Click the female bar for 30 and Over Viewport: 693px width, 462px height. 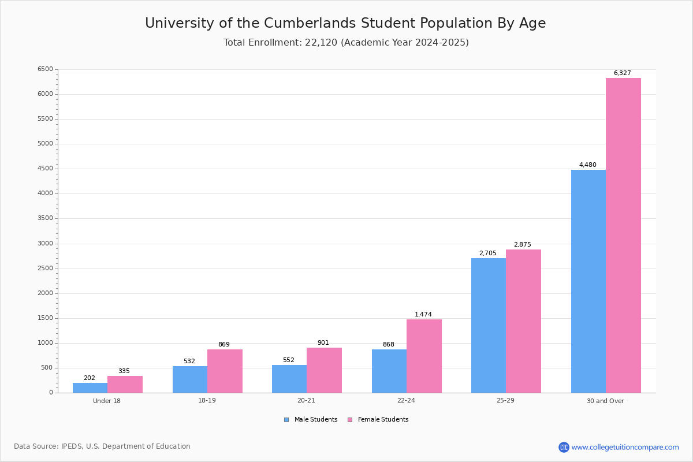pyautogui.click(x=623, y=236)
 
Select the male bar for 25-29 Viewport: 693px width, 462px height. pyautogui.click(x=489, y=326)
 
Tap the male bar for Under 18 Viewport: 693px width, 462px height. pyautogui.click(x=90, y=388)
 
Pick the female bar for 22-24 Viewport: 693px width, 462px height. pyautogui.click(x=424, y=356)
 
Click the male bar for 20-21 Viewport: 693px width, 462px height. pyautogui.click(x=289, y=379)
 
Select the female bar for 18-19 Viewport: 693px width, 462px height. pyautogui.click(x=225, y=371)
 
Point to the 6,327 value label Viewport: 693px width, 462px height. pyautogui.click(x=622, y=73)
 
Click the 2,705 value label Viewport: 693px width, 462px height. pyautogui.click(x=487, y=253)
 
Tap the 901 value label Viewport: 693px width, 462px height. pyautogui.click(x=323, y=342)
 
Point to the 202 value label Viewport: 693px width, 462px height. pyautogui.click(x=90, y=378)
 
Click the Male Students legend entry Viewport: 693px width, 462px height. pyautogui.click(x=311, y=419)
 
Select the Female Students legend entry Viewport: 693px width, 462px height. pyautogui.click(x=378, y=419)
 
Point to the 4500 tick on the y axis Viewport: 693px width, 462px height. pyautogui.click(x=45, y=168)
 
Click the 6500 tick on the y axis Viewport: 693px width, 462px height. pyautogui.click(x=45, y=69)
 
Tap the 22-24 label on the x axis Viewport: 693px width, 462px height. pyautogui.click(x=406, y=400)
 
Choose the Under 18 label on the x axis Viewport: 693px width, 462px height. pyautogui.click(x=106, y=401)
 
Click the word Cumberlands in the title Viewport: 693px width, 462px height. pyautogui.click(x=310, y=23)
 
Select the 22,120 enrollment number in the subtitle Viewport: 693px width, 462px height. pyautogui.click(x=321, y=42)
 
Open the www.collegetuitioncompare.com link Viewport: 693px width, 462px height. pyautogui.click(x=625, y=447)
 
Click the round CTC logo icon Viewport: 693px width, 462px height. pyautogui.click(x=564, y=447)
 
